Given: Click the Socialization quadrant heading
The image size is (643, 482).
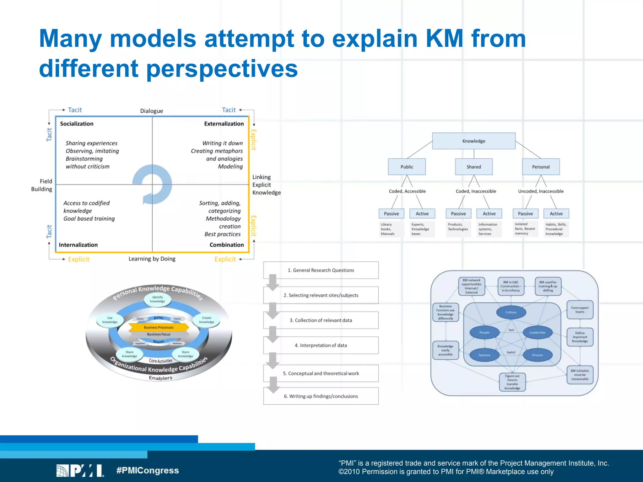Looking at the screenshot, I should [77, 124].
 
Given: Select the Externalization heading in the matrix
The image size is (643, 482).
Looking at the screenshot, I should [224, 124].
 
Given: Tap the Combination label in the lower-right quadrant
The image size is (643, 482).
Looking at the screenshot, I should [226, 245].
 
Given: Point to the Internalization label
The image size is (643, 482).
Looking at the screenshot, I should [78, 245].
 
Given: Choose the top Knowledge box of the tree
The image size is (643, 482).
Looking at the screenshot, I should [473, 141].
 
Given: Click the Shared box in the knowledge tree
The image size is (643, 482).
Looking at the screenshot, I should [473, 167].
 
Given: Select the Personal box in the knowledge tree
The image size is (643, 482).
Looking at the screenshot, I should [541, 167].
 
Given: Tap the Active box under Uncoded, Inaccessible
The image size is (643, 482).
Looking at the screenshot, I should [556, 213].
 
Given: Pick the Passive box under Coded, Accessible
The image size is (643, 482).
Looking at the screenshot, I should [391, 213].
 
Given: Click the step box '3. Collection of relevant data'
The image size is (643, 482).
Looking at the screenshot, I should [321, 320].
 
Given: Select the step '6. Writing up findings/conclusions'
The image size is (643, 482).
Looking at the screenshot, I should [321, 396].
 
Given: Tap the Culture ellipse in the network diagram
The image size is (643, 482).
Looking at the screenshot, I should [511, 312].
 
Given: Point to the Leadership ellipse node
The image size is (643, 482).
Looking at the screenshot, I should [537, 332].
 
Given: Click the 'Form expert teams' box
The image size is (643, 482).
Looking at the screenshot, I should [580, 310].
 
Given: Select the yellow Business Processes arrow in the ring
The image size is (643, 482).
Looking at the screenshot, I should [159, 327].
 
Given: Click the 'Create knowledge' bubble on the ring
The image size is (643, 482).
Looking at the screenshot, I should [207, 320].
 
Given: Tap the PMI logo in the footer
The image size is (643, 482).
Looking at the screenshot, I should [80, 471].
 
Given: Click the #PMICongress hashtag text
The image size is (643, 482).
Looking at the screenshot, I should [147, 470].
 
